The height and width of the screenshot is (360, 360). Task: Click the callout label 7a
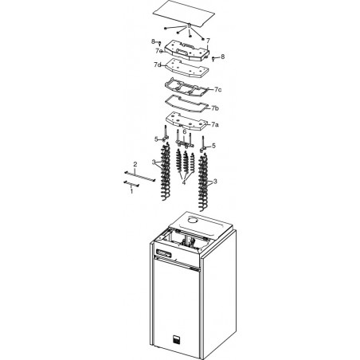coord(215,124)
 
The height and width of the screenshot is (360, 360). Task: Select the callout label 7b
coord(215,108)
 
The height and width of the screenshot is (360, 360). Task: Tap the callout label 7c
coord(217,89)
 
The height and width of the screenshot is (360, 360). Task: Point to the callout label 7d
coord(157,65)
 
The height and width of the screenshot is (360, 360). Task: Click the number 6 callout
coord(185,131)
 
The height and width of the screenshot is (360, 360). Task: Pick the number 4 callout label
coord(184,182)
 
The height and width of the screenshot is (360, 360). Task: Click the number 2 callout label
coord(135,164)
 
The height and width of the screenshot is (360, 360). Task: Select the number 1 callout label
coord(131,190)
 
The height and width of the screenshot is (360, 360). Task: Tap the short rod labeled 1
coord(131,183)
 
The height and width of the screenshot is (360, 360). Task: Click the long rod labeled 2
coord(140,176)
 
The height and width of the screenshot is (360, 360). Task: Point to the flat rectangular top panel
coord(184,14)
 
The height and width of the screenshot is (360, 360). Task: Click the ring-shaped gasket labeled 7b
coord(186,104)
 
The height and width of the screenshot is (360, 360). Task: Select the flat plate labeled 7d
coord(187,68)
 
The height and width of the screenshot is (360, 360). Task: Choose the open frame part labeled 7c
coord(186,87)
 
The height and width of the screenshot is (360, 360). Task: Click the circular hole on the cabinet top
coord(194,220)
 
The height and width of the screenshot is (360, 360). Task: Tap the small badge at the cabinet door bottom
coord(176,338)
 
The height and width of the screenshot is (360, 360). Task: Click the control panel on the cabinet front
coord(164,253)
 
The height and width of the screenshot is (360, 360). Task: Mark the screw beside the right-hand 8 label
coord(213,58)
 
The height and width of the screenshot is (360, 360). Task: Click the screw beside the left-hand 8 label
coord(160,43)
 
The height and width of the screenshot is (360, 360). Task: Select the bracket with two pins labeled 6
coord(184,140)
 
